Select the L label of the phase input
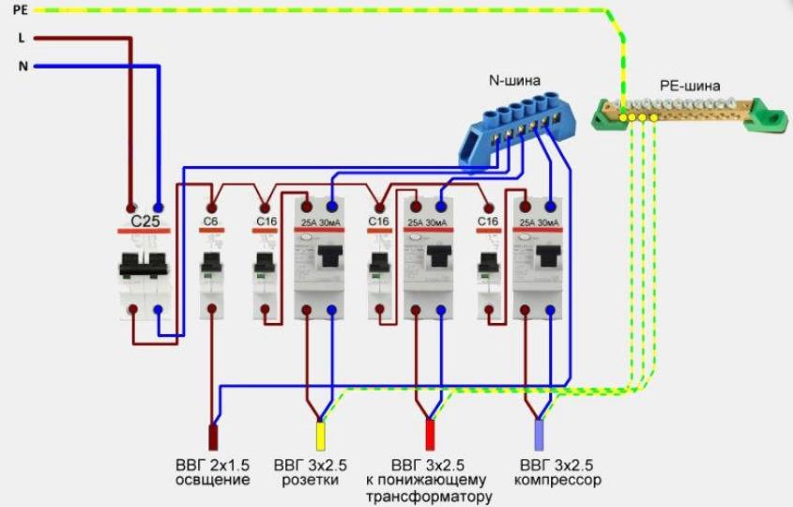point(21,38)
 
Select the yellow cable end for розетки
point(320,436)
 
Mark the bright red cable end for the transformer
point(431,436)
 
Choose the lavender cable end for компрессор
point(539,436)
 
